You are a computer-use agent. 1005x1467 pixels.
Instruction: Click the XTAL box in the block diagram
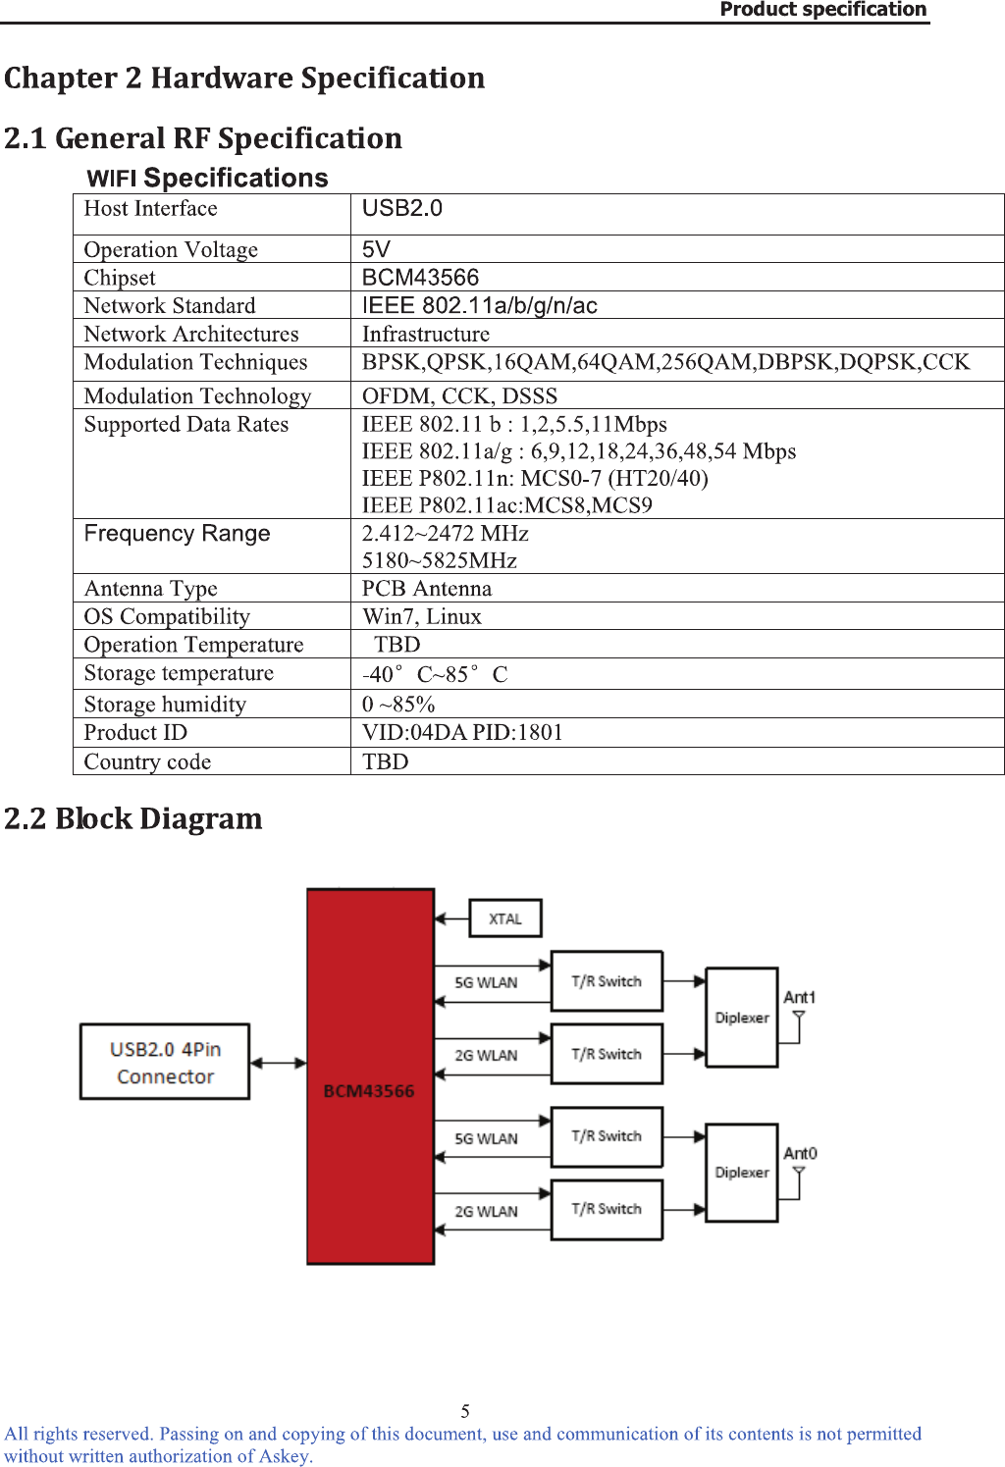(x=504, y=918)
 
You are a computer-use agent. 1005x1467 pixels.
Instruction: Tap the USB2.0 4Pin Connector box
(x=165, y=1063)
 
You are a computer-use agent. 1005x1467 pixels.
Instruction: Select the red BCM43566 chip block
(x=370, y=1076)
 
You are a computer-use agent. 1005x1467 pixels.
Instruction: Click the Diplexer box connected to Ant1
(x=742, y=1018)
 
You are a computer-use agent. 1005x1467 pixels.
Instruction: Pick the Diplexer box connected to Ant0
(x=742, y=1173)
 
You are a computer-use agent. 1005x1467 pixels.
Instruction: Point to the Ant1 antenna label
(x=799, y=997)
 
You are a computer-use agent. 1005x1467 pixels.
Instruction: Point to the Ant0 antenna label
(x=799, y=1153)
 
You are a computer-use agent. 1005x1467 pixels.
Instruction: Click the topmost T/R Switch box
(x=607, y=981)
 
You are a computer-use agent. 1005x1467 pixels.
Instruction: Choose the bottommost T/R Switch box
(x=607, y=1209)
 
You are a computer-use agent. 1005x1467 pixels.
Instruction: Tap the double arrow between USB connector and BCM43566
(x=279, y=1063)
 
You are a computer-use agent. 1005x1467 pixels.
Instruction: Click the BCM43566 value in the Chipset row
(x=420, y=278)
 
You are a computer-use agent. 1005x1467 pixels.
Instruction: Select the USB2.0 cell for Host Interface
(x=402, y=208)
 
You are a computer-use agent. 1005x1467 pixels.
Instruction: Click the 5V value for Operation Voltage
(x=376, y=249)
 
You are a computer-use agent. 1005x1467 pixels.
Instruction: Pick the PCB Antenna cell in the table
(x=427, y=589)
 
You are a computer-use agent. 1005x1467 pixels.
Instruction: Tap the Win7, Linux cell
(x=422, y=616)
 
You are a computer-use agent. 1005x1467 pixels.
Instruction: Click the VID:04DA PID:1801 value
(x=462, y=732)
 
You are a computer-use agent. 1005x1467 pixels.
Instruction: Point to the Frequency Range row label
(x=177, y=534)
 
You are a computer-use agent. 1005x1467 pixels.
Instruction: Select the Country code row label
(x=147, y=761)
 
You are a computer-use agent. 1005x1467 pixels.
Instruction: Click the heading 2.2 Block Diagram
(x=133, y=818)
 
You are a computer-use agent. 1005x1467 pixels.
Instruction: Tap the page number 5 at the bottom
(x=465, y=1411)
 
